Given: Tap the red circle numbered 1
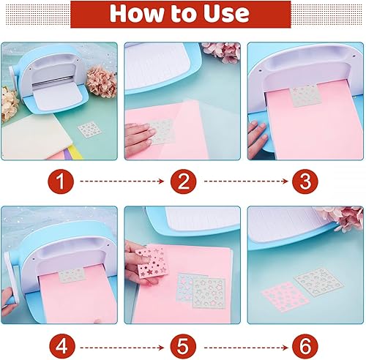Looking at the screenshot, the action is pos(61,181).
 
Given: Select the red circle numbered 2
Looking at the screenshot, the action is pos(183,181).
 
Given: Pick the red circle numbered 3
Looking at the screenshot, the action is pos(305,181).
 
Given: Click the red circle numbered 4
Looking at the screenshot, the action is pos(62,347).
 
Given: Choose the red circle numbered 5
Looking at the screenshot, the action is pos(183,347).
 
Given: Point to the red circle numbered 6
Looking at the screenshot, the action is pos(305,347).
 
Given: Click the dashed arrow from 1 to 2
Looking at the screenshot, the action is pos(122,181).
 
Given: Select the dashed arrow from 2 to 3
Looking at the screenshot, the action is pos(246,181).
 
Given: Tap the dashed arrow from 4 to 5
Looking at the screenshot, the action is pos(122,348).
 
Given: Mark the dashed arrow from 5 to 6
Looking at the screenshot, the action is pos(246,348).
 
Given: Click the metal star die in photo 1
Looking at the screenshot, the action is pos(89,130).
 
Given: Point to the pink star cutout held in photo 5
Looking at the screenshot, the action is pos(150,263).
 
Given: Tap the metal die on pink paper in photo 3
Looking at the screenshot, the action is pos(305,96).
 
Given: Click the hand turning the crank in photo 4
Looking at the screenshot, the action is pos(9,301).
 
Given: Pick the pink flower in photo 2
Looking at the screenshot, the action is pos(222,52).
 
